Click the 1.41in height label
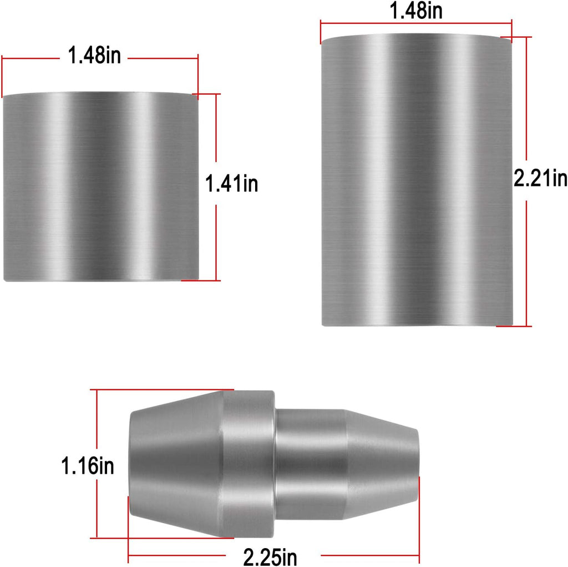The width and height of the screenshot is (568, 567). (x=232, y=183)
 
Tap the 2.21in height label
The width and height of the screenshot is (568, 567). (x=540, y=178)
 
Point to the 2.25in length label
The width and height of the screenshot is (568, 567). (x=270, y=557)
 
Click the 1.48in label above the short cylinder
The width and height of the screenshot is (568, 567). (x=94, y=56)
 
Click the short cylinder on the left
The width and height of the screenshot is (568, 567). (x=101, y=187)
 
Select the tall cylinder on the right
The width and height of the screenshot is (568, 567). (x=417, y=180)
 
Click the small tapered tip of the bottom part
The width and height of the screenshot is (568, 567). (x=382, y=465)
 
